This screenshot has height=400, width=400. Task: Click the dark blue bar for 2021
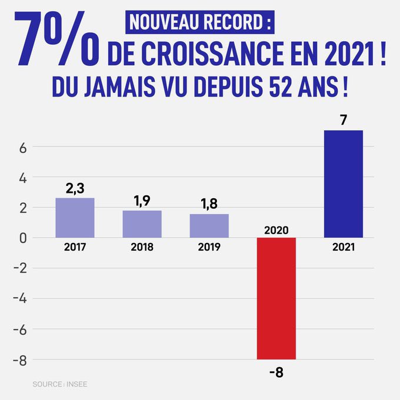pyautogui.click(x=344, y=184)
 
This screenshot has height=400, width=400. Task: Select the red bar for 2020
pyautogui.click(x=276, y=298)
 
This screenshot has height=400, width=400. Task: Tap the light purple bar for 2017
pyautogui.click(x=75, y=218)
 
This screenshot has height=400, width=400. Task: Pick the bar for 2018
pyautogui.click(x=142, y=224)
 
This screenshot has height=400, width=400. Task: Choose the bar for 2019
pyautogui.click(x=209, y=225)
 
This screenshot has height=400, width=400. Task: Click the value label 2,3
pyautogui.click(x=75, y=188)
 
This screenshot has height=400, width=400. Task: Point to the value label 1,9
pyautogui.click(x=142, y=201)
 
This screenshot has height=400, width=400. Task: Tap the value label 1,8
pyautogui.click(x=209, y=204)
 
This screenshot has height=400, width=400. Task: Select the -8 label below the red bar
pyautogui.click(x=276, y=372)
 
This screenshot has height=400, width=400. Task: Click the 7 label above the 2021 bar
pyautogui.click(x=343, y=120)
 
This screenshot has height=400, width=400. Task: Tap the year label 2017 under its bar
pyautogui.click(x=75, y=247)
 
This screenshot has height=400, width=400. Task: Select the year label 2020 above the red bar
pyautogui.click(x=276, y=229)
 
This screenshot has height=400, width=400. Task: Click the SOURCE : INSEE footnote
pyautogui.click(x=61, y=384)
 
